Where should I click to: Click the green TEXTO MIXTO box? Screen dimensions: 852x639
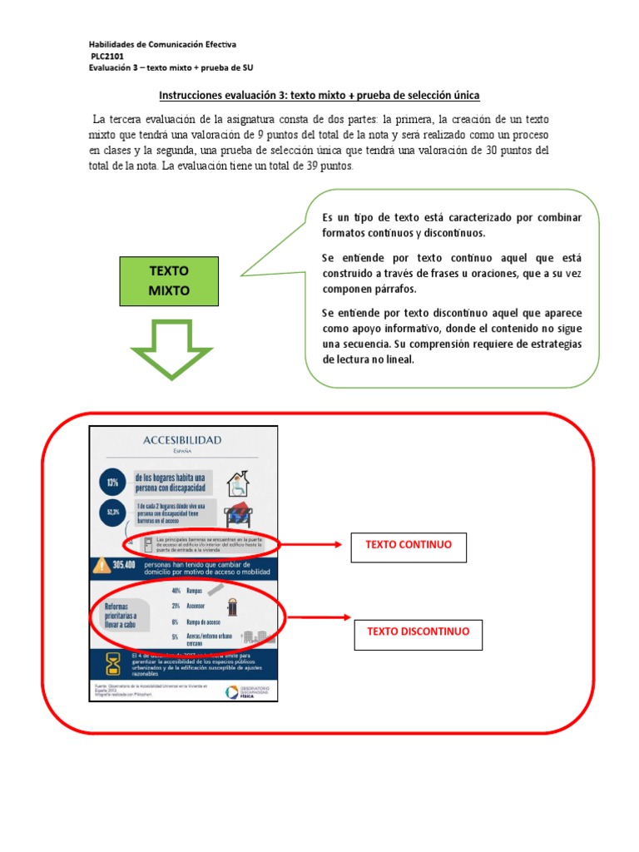(x=169, y=280)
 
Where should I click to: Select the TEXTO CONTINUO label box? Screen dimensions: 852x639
(x=408, y=547)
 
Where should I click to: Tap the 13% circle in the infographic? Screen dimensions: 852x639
(x=111, y=483)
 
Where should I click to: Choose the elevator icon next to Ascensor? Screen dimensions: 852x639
(x=232, y=607)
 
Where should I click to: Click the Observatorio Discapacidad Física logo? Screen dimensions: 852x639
(x=245, y=692)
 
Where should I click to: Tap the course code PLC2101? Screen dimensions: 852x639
(x=106, y=57)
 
